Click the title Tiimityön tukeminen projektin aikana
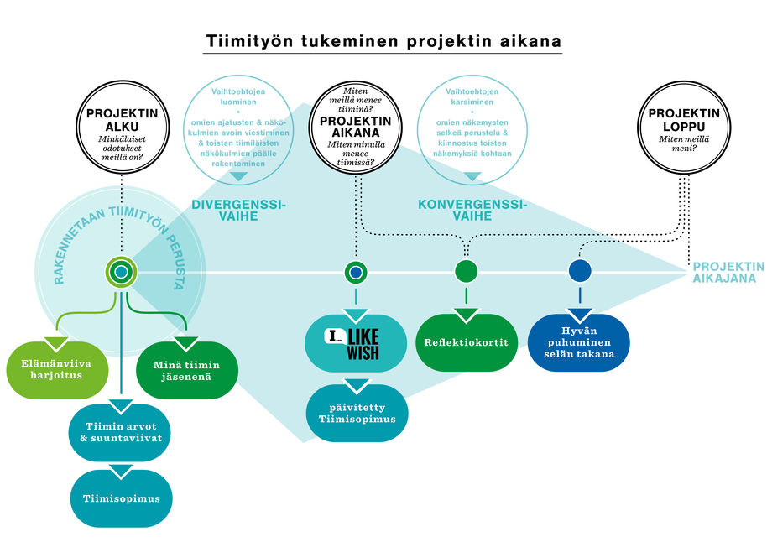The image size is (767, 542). (x=383, y=41)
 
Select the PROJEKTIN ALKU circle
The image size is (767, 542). (x=122, y=126)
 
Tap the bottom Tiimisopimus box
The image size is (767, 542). (x=121, y=498)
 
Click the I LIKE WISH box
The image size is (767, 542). (x=356, y=343)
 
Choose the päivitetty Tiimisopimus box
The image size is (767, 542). (x=356, y=412)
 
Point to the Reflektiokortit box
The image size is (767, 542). (x=467, y=342)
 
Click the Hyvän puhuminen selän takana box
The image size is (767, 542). (x=578, y=342)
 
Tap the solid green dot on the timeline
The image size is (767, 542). (x=467, y=271)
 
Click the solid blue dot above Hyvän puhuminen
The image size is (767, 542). (x=579, y=271)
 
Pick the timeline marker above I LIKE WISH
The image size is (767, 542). (x=357, y=272)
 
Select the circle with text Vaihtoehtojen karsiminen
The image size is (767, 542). (x=472, y=126)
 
